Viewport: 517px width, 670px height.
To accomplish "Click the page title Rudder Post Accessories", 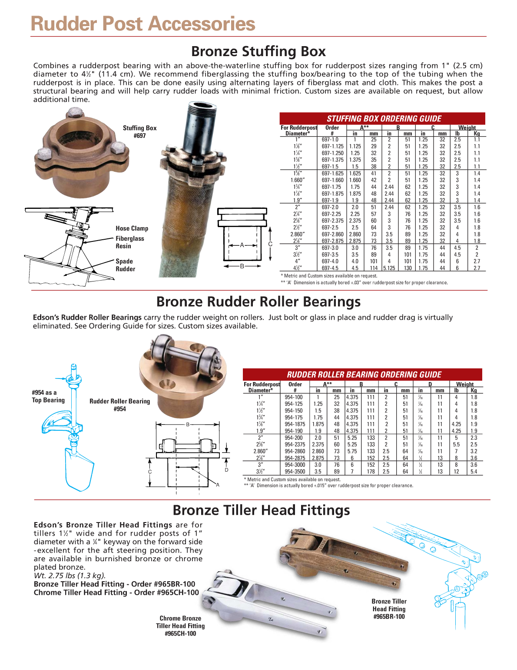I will click(143, 24).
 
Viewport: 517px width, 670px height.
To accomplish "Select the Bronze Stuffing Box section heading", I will click(258, 51).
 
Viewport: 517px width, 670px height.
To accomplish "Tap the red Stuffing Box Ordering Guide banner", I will click(384, 119).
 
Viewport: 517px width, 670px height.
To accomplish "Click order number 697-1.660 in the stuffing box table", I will click(332, 180).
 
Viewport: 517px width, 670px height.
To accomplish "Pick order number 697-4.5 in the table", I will click(330, 268).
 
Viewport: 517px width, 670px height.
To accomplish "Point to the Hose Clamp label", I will click(132, 228).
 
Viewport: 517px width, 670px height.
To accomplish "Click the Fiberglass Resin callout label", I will click(129, 242).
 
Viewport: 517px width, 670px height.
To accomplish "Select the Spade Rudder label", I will click(125, 265).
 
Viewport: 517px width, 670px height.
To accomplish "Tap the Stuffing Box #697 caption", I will click(139, 132).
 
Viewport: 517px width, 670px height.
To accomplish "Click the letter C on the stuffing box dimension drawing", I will click(270, 244).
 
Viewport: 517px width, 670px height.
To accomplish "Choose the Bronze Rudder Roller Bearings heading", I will click(258, 302).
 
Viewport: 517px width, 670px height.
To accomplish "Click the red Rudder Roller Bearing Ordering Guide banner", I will click(364, 375).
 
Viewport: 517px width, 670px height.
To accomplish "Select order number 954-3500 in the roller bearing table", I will click(295, 472).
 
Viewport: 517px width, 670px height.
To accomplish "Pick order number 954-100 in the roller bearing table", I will click(294, 397).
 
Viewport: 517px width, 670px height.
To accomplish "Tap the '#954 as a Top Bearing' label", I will click(48, 396).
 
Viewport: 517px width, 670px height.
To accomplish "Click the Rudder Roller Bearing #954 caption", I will click(119, 405).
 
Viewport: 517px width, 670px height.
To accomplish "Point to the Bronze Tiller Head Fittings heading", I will click(261, 510).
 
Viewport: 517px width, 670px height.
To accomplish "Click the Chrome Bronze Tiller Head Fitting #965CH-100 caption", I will click(180, 626).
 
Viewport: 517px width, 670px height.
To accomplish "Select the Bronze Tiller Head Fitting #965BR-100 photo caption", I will click(389, 609).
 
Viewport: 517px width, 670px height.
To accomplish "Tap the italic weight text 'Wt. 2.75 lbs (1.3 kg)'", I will click(70, 576).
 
